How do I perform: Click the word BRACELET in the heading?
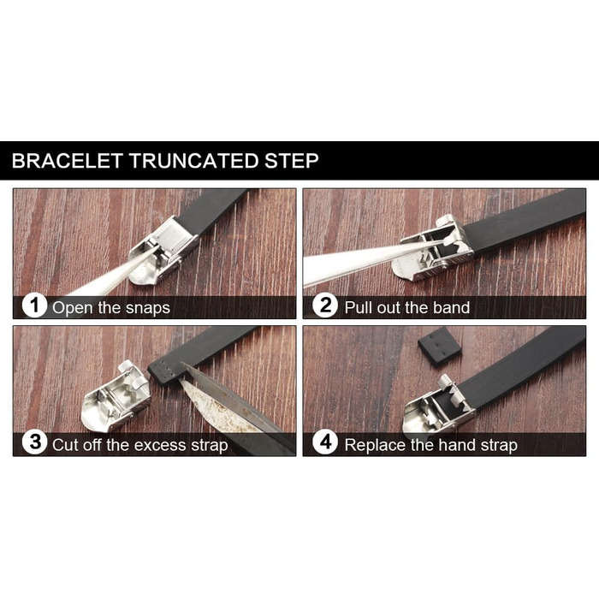pyautogui.click(x=67, y=161)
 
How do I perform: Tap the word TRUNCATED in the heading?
pyautogui.click(x=193, y=161)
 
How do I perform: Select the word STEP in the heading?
pyautogui.click(x=292, y=161)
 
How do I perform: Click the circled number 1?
pyautogui.click(x=34, y=305)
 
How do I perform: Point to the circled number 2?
pyautogui.click(x=325, y=305)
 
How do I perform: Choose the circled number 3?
pyautogui.click(x=34, y=442)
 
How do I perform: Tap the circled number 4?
pyautogui.click(x=325, y=442)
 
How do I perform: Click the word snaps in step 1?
pyautogui.click(x=148, y=308)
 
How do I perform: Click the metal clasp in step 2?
pyautogui.click(x=434, y=248)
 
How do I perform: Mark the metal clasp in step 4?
pyautogui.click(x=439, y=411)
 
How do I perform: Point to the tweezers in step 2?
pyautogui.click(x=367, y=264)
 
